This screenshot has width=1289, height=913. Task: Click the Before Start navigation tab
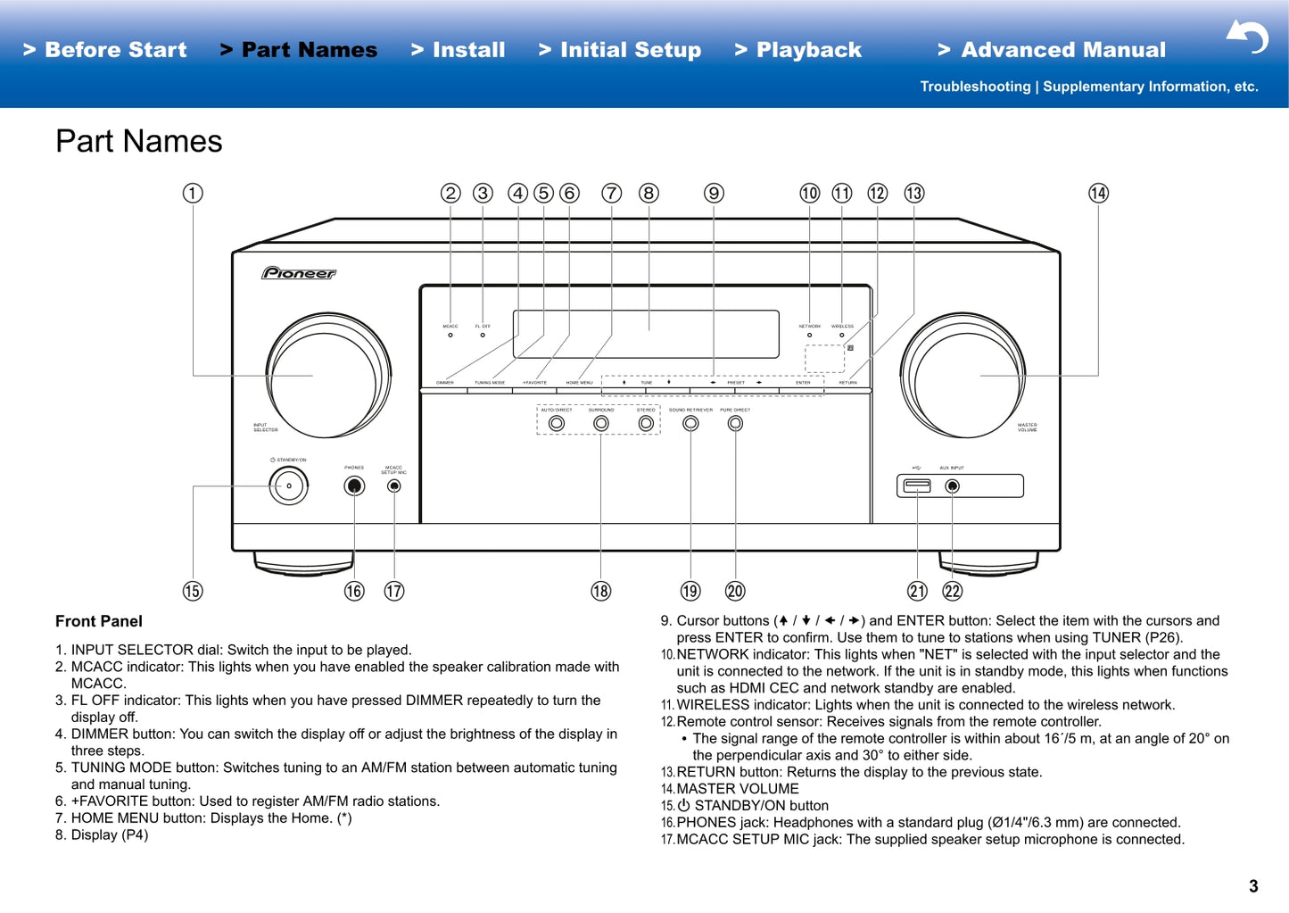point(105,50)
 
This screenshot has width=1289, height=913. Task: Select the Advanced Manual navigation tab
point(1052,50)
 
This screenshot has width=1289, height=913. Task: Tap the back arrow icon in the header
point(1247,37)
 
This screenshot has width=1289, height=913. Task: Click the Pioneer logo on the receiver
point(299,273)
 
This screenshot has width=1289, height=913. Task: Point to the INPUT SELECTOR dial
point(328,375)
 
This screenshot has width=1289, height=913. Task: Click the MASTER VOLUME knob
point(963,375)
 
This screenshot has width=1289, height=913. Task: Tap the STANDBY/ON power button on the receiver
point(289,486)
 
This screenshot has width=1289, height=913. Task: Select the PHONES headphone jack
point(354,486)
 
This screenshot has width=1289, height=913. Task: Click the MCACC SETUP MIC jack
point(394,486)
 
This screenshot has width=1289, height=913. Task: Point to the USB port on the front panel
point(917,486)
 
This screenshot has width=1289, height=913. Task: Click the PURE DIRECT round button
point(735,423)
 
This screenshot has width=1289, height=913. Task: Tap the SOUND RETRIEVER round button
point(690,423)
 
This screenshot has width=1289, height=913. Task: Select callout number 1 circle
point(193,194)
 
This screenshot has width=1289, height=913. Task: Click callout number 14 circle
point(1098,194)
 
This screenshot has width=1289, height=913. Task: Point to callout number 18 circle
point(601,591)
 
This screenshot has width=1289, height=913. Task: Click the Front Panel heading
point(99,621)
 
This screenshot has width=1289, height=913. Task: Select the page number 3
point(1253,886)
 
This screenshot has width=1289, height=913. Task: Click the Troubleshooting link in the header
point(975,87)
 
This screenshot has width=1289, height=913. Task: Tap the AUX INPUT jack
point(953,486)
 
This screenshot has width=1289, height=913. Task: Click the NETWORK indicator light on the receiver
point(809,336)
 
